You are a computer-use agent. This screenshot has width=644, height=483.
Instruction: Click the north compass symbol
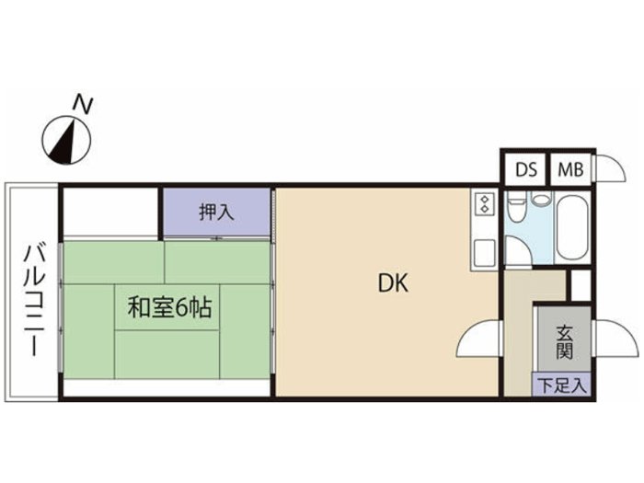coord(67,141)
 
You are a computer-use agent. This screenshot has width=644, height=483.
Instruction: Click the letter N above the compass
coord(83,104)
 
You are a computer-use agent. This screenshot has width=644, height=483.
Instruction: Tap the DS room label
coord(526,169)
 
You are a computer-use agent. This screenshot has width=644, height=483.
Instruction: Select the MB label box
coord(570,169)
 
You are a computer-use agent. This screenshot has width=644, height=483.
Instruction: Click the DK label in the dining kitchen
coord(393,283)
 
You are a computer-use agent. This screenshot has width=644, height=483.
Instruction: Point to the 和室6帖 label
coord(169,307)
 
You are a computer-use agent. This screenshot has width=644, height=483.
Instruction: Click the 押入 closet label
coord(216,213)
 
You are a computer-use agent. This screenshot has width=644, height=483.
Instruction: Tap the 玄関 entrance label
coord(564,342)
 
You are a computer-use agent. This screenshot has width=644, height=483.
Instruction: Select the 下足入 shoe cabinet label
coord(562,385)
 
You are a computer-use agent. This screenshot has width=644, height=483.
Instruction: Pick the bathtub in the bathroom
coord(573,227)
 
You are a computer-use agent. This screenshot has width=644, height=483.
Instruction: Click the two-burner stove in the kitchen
coord(485,204)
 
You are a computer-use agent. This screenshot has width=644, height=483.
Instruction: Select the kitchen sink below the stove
coord(485,254)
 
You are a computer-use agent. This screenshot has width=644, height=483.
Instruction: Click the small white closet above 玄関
coord(581,284)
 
